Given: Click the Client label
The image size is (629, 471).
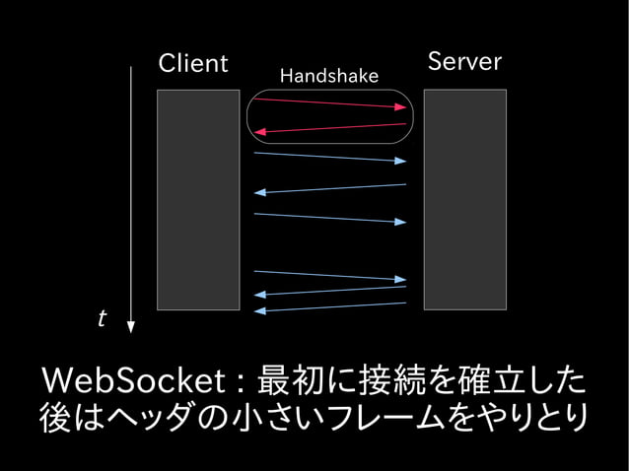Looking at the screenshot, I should point(193,65).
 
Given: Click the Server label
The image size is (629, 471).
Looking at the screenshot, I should point(464,62).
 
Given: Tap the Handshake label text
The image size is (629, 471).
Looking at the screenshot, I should point(328,76).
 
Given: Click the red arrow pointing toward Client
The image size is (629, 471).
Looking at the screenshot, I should point(329,128).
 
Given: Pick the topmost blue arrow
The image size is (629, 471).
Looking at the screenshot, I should point(329,157).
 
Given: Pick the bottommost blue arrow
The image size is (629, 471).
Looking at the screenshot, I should point(329,307).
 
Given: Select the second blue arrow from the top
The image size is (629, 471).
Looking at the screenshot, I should point(329,188).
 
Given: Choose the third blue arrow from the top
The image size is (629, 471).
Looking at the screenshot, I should point(329,218).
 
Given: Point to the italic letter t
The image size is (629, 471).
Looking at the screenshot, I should point(102,319).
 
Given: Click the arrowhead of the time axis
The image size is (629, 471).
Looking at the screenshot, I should point(130,326).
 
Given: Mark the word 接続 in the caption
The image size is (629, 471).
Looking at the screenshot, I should point(388,379).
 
